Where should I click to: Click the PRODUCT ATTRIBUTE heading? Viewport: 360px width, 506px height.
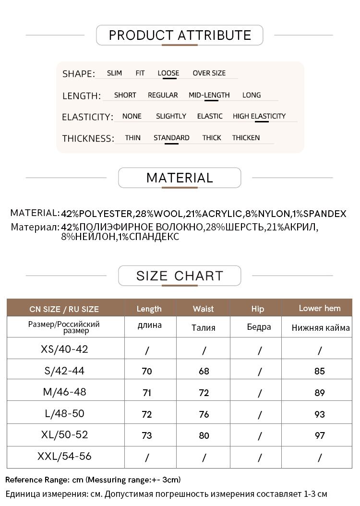click(x=180, y=35)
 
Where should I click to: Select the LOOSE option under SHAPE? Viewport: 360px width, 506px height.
click(x=168, y=73)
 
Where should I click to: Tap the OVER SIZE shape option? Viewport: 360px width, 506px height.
click(x=209, y=73)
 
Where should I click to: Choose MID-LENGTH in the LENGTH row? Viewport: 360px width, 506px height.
click(x=209, y=95)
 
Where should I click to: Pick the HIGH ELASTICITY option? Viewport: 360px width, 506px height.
click(x=259, y=116)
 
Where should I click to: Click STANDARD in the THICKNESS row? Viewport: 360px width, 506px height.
click(x=171, y=138)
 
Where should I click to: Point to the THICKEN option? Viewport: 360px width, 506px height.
click(x=246, y=138)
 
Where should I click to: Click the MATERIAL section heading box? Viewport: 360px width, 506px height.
click(x=180, y=178)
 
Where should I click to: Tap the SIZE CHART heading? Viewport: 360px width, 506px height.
click(x=180, y=276)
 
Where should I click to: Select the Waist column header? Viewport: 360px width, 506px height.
click(x=203, y=309)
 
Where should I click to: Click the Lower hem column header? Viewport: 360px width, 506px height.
click(x=319, y=308)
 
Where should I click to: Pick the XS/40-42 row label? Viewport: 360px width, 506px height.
click(x=65, y=349)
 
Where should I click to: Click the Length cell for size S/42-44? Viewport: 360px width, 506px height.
click(x=147, y=371)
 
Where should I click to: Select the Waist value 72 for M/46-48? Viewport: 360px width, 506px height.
click(x=204, y=393)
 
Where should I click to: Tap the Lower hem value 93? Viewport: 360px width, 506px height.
click(x=320, y=414)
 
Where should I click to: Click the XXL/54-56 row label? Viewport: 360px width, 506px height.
click(x=64, y=456)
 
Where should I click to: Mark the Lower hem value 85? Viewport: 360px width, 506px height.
click(x=320, y=371)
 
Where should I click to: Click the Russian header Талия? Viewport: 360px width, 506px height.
click(x=203, y=328)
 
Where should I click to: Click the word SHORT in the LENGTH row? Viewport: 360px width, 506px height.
click(x=125, y=95)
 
